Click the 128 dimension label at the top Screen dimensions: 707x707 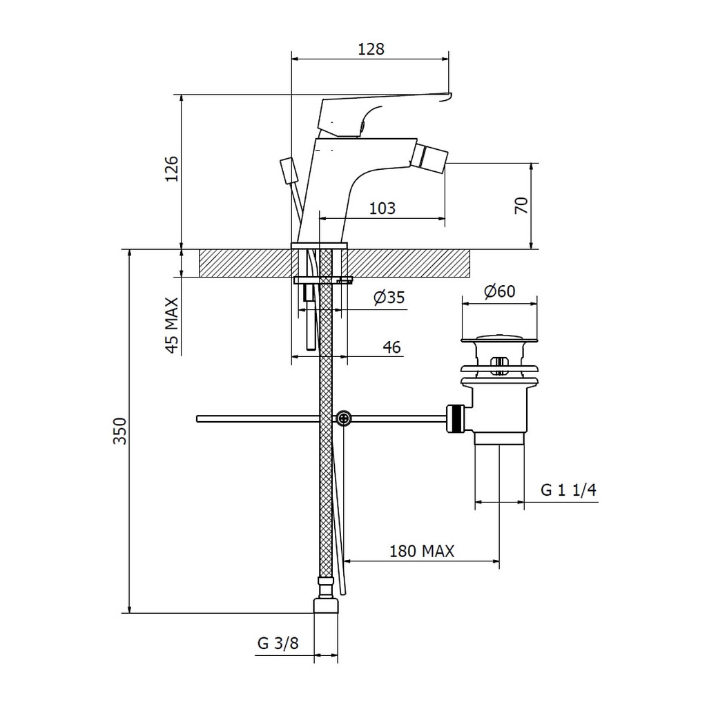(371, 49)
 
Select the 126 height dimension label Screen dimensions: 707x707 (172, 169)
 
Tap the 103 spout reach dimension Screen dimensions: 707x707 (382, 209)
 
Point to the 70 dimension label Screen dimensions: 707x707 (521, 206)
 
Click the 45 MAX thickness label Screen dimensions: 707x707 (172, 325)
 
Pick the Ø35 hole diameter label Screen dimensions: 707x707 (389, 298)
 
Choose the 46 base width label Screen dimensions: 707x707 (391, 347)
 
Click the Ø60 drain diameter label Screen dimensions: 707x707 (499, 291)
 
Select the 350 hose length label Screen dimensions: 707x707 (119, 431)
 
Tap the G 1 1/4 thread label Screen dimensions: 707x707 (568, 490)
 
